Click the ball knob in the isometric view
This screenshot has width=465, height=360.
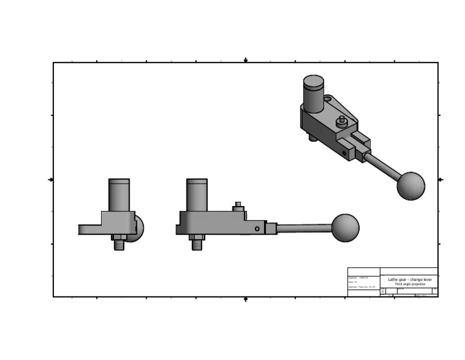tap(411, 186)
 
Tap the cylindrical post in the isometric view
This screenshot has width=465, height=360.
tap(313, 93)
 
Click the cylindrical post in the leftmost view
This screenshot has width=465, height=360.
tap(119, 195)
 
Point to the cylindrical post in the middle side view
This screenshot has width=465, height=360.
tap(197, 195)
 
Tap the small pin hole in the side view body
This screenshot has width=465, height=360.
tap(257, 228)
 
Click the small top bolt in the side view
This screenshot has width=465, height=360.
tap(238, 206)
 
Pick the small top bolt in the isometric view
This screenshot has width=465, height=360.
tap(341, 121)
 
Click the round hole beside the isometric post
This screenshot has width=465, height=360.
tap(328, 98)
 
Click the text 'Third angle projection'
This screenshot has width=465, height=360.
tap(409, 284)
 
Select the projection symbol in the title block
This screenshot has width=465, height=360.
tap(382, 292)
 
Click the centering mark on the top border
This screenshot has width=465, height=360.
tap(245, 61)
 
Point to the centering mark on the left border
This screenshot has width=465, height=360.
tap(51, 179)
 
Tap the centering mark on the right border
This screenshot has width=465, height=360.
tap(440, 179)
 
